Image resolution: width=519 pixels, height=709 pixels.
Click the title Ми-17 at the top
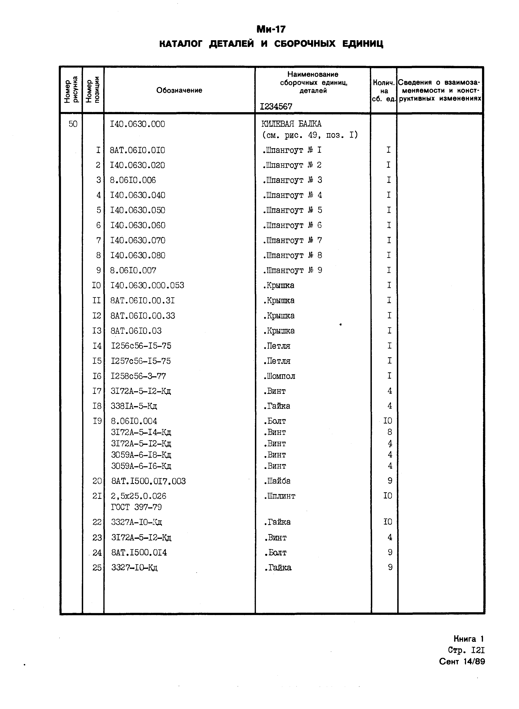point(271,29)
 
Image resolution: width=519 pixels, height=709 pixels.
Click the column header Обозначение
point(179,90)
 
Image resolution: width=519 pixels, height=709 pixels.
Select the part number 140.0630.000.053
point(147,286)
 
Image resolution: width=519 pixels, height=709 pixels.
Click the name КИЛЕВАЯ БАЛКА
point(291,124)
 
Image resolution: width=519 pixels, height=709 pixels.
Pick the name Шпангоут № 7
point(292,240)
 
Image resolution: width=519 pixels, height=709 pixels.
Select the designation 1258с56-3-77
point(138,376)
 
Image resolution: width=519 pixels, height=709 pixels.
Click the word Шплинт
point(280,496)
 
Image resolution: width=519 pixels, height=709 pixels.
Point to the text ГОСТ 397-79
point(136,507)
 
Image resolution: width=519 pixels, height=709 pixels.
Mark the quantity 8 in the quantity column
point(390,432)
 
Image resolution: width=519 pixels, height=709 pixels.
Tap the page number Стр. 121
point(466,650)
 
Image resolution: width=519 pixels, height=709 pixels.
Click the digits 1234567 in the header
point(276,107)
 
